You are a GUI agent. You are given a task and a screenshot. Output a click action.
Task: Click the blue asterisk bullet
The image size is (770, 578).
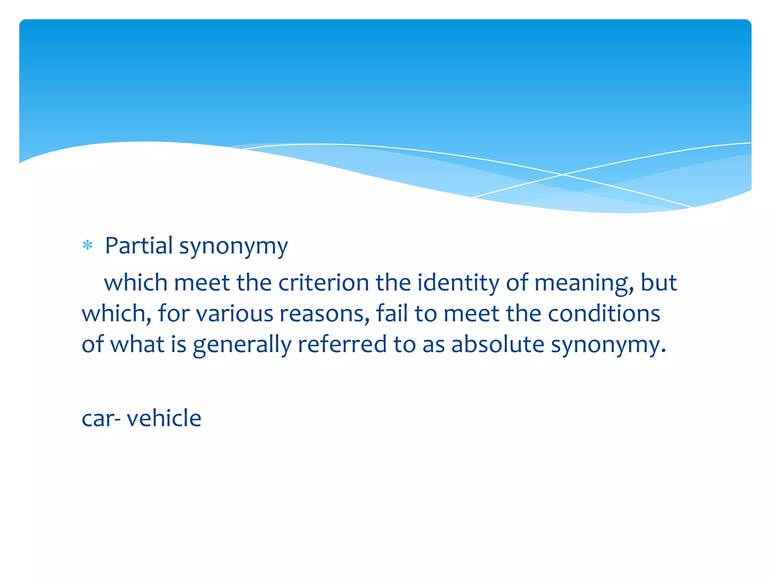pos(88,246)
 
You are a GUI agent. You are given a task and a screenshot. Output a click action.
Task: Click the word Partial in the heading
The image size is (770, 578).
pos(139,246)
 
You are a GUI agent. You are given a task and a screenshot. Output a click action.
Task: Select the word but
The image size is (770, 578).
pos(658,283)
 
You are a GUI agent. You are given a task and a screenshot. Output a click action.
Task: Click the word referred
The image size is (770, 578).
pos(342,344)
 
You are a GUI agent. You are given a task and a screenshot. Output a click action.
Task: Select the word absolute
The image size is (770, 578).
pos(497,344)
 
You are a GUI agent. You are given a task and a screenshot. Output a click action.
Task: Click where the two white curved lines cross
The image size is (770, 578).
pos(563,175)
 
